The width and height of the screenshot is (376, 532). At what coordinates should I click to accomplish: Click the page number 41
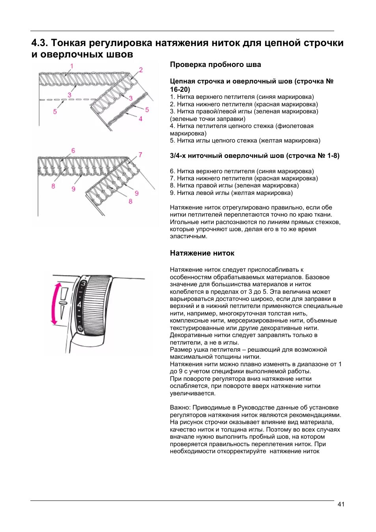(341, 504)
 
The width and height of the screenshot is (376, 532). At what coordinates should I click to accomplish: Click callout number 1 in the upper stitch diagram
(72, 66)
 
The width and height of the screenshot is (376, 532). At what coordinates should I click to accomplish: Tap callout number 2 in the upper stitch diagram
(141, 70)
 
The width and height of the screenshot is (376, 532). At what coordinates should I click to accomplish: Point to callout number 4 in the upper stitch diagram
(140, 119)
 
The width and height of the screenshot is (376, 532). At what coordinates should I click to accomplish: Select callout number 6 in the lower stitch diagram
(73, 150)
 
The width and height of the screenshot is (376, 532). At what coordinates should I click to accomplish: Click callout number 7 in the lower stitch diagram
(140, 155)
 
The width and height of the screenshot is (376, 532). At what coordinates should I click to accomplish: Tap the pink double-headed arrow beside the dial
(55, 303)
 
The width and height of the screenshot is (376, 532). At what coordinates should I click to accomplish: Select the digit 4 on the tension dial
(79, 304)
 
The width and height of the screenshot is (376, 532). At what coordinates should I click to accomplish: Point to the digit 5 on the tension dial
(80, 328)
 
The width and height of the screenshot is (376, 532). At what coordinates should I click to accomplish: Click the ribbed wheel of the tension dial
(96, 305)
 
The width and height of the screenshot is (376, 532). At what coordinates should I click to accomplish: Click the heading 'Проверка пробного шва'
(215, 65)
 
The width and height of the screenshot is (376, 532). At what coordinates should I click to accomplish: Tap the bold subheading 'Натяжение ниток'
(202, 253)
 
